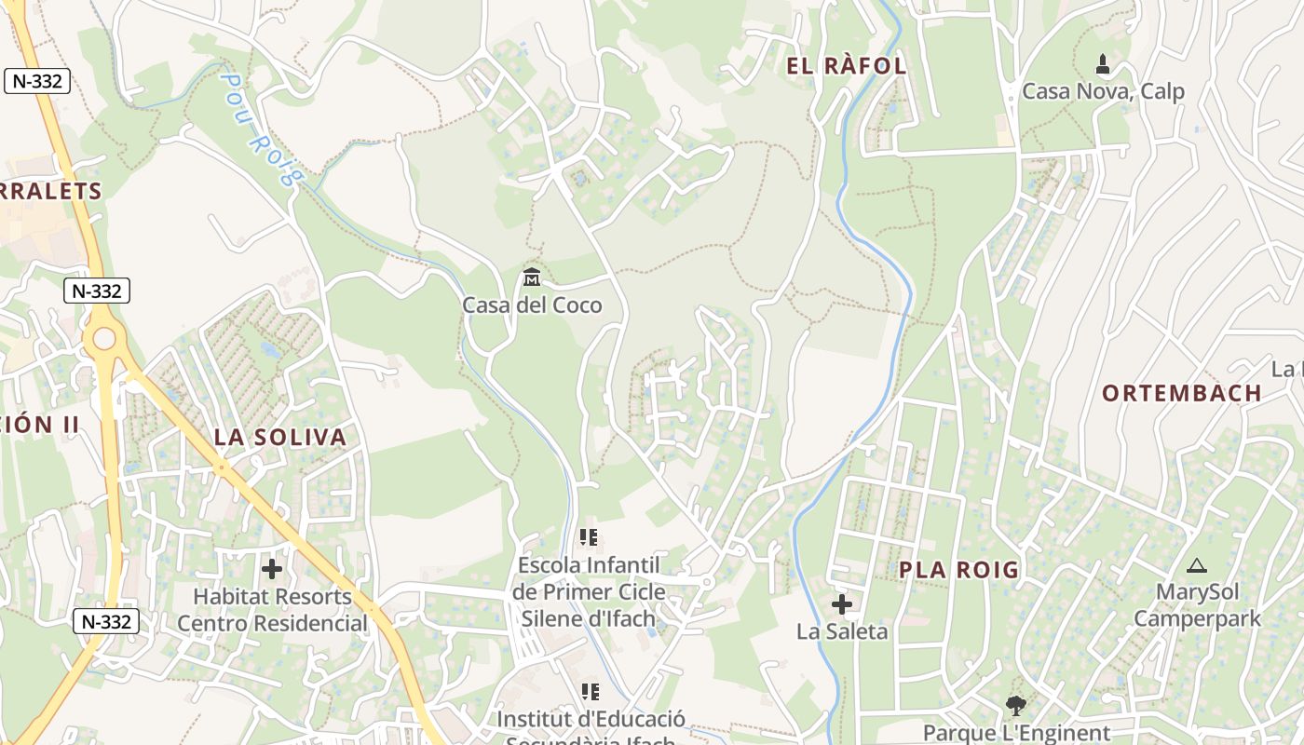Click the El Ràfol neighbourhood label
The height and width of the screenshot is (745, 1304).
846,66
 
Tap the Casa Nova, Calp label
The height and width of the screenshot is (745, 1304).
1103,91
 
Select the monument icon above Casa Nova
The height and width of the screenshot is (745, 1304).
1103,64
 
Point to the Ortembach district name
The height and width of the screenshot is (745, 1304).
1182,393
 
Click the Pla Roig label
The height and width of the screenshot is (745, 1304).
958,570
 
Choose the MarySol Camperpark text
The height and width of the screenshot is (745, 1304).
1197,605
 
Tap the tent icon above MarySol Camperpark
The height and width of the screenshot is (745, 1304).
1196,565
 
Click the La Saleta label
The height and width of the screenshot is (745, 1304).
842,631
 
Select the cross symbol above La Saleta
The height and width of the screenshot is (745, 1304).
842,604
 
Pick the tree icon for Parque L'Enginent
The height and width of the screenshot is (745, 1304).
1015,706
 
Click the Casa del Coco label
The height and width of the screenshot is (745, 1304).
532,305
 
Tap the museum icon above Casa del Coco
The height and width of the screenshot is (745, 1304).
532,277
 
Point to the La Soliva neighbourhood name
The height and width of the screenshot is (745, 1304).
279,437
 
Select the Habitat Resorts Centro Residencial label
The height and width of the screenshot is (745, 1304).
272,610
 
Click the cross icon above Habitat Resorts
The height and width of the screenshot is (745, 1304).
272,568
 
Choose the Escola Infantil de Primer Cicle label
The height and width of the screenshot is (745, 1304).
589,591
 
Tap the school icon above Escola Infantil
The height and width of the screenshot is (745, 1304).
589,537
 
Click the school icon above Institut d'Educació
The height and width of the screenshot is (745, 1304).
590,692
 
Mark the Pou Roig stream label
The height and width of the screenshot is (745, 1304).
262,129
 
